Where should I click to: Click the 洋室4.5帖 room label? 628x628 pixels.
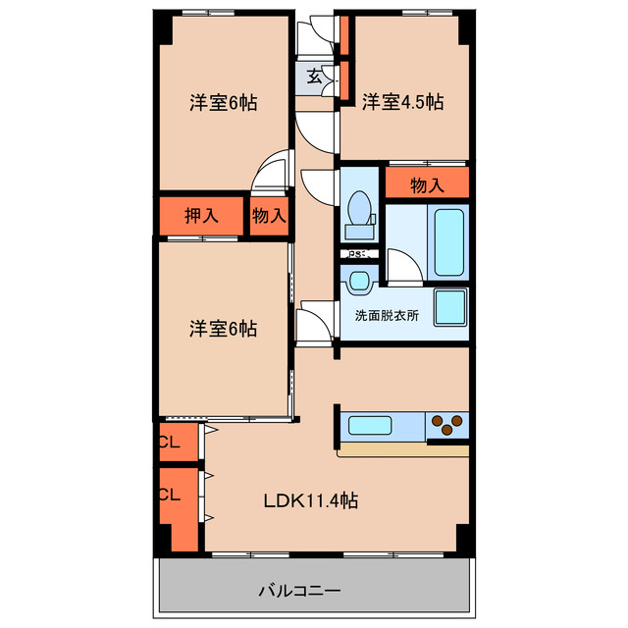click(x=402, y=102)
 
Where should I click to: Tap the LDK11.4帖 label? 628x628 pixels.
click(x=310, y=500)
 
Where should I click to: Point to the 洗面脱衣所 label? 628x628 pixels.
click(x=387, y=316)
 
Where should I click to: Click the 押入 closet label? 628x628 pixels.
click(x=201, y=216)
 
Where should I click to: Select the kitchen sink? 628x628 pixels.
click(x=370, y=427)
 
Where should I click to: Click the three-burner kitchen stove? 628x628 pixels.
click(x=446, y=425)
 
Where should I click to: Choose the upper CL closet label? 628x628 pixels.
click(x=169, y=443)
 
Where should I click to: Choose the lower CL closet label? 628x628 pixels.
click(x=169, y=495)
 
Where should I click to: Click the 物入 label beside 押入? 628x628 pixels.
click(x=268, y=216)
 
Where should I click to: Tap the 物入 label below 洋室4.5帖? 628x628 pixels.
click(x=427, y=183)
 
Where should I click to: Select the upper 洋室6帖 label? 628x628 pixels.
click(x=224, y=102)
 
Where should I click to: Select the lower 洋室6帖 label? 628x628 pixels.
click(x=224, y=329)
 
